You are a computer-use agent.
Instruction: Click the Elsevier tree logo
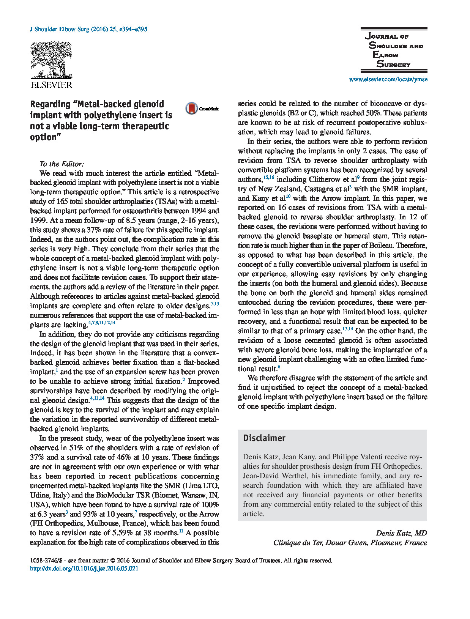51,60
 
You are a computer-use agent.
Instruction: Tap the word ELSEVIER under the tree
51,85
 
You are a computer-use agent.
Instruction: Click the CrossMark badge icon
192,109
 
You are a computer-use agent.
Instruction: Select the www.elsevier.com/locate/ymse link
388,79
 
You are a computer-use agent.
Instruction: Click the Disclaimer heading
264,438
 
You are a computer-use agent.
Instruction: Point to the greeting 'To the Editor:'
62,164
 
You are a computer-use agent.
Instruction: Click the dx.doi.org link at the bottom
84,569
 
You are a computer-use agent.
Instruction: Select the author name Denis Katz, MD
401,533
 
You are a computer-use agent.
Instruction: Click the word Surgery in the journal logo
393,64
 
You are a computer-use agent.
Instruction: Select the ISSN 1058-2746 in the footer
44,561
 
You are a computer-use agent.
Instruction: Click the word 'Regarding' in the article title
50,104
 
